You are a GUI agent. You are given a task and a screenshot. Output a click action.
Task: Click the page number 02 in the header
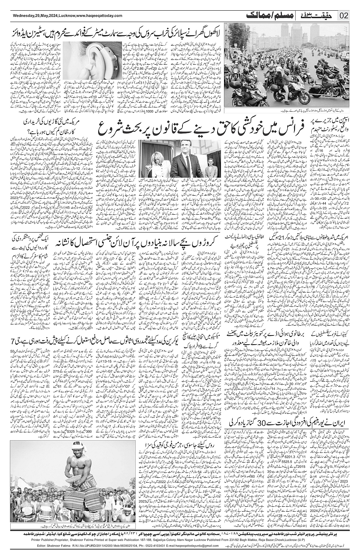(344, 16)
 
